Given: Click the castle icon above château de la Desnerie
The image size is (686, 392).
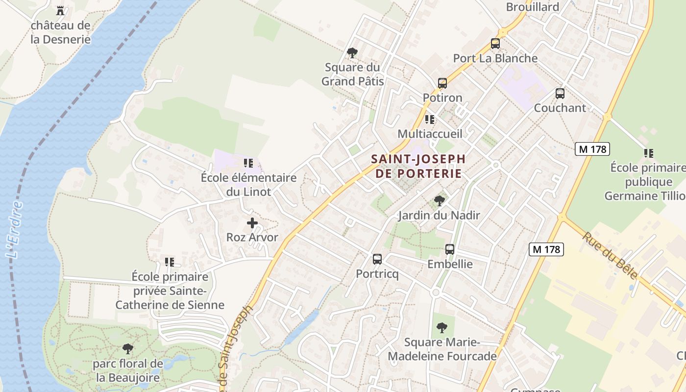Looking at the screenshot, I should (60, 10).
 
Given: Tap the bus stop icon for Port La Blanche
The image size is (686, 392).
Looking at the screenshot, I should (495, 43).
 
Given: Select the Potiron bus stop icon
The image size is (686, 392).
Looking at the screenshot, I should (442, 83).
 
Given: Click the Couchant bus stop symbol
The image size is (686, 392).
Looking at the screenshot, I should (560, 93).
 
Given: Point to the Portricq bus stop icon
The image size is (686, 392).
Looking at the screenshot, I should (377, 259).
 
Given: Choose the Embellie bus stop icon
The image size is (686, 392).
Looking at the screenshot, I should (450, 249).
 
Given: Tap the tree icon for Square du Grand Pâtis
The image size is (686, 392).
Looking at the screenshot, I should (352, 52).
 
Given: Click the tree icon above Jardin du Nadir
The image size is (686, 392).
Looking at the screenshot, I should (439, 200).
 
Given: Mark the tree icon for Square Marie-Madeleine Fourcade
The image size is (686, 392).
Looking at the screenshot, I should (442, 327).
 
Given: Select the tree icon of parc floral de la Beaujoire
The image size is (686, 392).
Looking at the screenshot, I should (128, 349).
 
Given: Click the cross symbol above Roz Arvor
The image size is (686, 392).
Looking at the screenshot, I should (252, 223).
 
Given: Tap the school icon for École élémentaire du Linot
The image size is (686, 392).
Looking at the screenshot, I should (248, 163).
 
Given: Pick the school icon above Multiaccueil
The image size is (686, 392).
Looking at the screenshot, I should (430, 119).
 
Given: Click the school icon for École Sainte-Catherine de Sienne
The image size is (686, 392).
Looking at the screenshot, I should (170, 262).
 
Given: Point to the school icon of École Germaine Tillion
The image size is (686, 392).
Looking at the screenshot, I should (649, 153).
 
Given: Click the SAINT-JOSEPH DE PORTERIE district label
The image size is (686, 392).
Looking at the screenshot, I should (418, 166).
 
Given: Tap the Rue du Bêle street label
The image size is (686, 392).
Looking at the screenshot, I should (610, 255).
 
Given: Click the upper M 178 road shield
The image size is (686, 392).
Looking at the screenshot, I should (592, 149).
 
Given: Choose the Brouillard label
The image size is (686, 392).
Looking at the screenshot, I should (533, 7).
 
